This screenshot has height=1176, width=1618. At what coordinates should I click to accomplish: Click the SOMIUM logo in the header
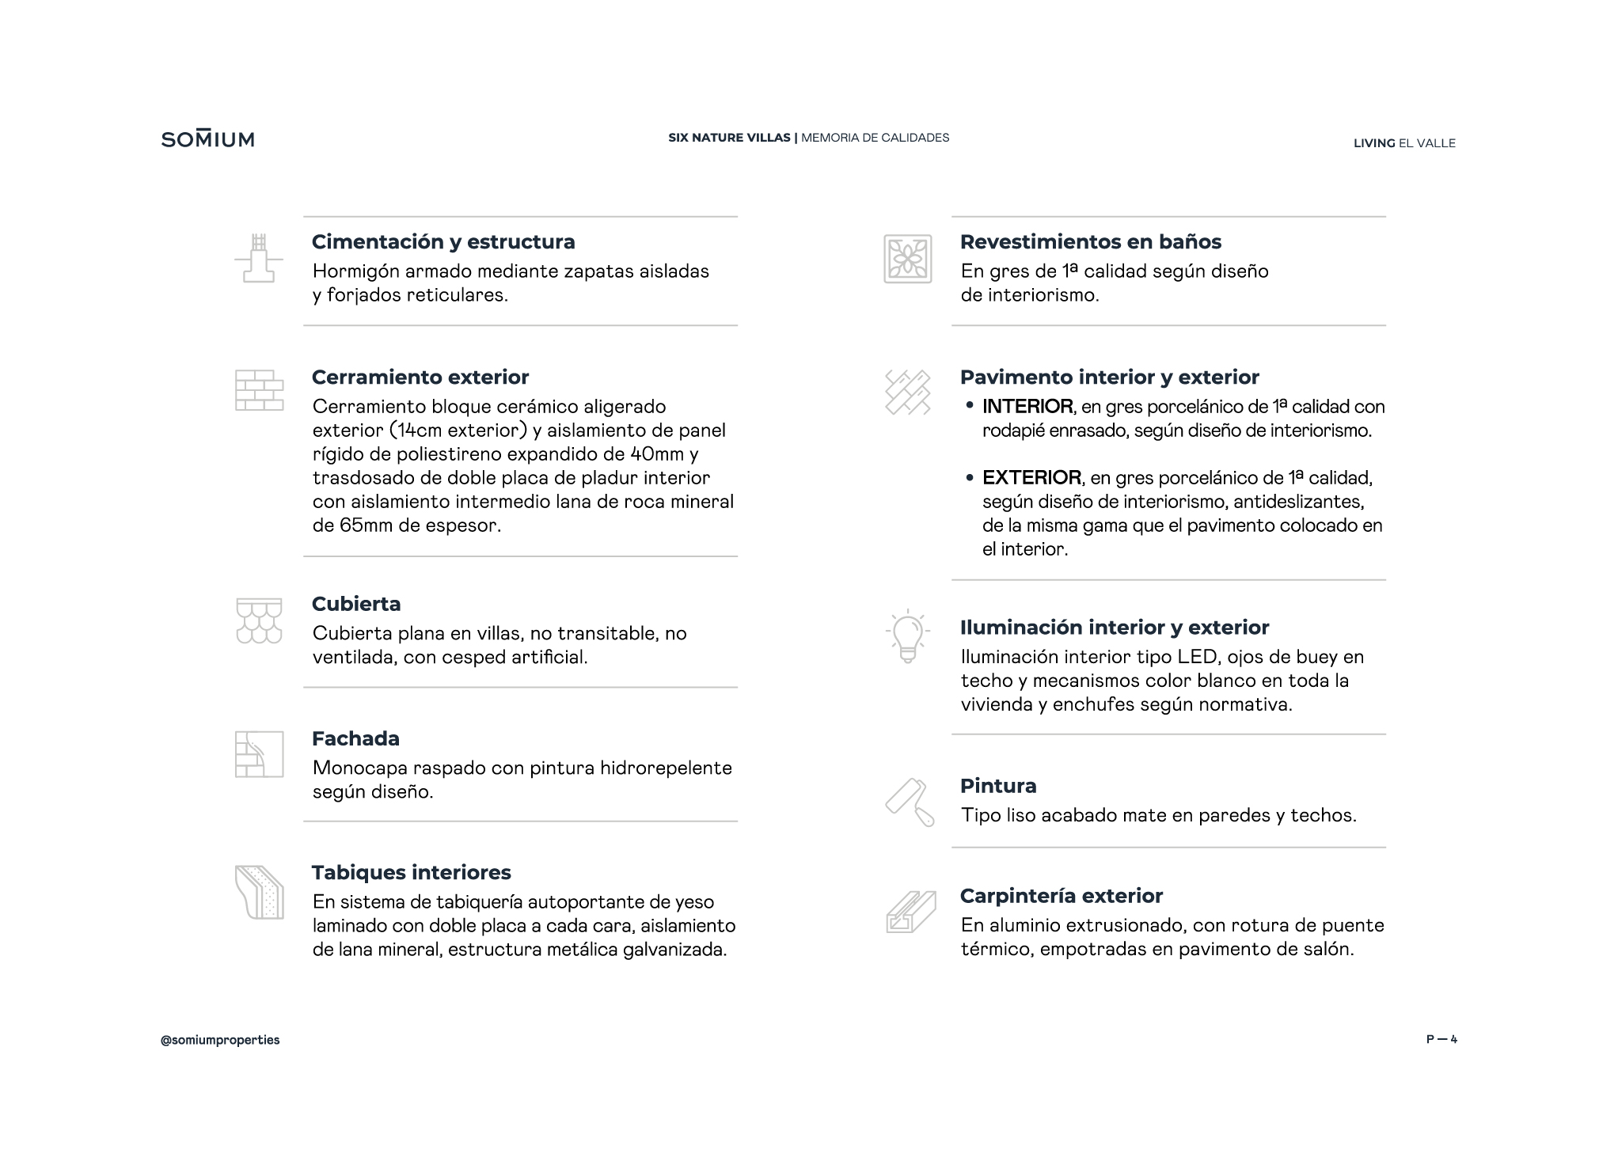207,139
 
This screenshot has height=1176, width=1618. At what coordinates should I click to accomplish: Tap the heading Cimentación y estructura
443,241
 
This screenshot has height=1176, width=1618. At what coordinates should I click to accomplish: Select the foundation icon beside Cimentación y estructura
259,258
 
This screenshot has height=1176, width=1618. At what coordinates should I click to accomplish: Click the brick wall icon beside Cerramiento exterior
259,390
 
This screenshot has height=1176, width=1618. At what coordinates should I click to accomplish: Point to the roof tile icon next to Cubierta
259,620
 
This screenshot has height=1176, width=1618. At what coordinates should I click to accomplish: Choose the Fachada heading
355,738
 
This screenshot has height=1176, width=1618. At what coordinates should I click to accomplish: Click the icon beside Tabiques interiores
259,892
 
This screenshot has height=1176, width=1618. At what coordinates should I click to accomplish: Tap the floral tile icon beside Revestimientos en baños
907,259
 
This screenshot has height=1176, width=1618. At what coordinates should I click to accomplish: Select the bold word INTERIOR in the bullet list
1027,407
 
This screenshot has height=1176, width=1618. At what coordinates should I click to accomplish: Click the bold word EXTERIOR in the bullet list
1031,478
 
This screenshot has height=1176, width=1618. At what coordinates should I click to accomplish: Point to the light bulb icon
907,636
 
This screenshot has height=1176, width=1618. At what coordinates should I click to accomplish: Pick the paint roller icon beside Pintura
909,802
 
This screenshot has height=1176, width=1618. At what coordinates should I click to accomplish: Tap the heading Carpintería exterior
1061,896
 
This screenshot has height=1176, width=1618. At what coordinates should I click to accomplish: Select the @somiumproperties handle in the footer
220,1040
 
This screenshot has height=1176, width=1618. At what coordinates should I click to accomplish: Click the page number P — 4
1441,1040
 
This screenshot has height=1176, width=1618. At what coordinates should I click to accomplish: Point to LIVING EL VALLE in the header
1404,143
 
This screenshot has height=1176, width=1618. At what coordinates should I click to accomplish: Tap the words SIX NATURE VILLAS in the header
729,138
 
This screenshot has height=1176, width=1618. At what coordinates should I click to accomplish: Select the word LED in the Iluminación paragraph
1196,657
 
